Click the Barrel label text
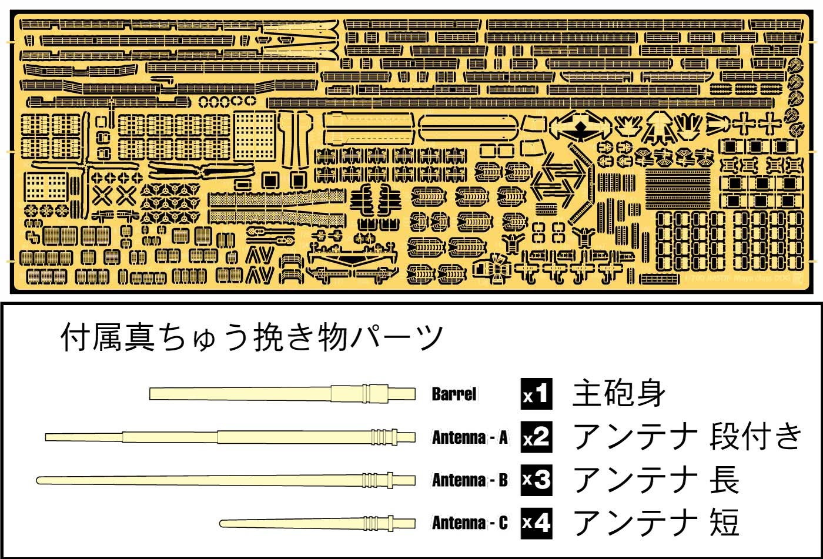coord(454,394)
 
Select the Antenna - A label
coord(470,438)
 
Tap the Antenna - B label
coord(470,481)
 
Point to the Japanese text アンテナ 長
coord(655,481)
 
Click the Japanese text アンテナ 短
coord(655,523)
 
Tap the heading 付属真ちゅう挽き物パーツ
coord(252,339)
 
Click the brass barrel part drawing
coord(282,393)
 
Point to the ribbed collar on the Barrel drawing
coord(367,393)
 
